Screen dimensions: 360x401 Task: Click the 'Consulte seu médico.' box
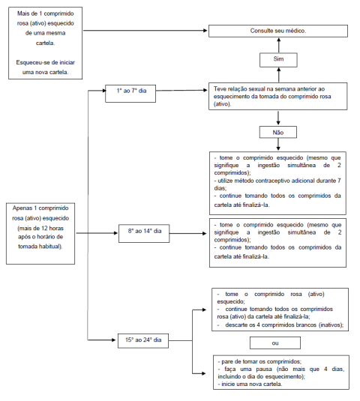coord(278,31)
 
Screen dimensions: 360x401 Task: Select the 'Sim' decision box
coord(278,60)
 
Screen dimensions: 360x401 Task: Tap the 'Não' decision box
coord(278,132)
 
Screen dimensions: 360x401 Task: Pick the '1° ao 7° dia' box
coord(130,94)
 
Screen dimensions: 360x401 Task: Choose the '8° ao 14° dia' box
coord(144,234)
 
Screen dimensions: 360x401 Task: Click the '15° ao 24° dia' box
coord(143,340)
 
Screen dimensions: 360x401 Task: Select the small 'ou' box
coord(275,343)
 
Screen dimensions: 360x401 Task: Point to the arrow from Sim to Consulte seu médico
coord(279,45)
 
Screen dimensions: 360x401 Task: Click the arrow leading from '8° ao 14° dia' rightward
coord(187,234)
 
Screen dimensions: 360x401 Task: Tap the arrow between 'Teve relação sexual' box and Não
coord(278,118)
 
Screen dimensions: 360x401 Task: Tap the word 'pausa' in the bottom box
coord(263,370)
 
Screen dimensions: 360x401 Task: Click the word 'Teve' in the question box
coord(220,89)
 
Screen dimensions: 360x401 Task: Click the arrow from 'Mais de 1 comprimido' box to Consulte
coord(145,31)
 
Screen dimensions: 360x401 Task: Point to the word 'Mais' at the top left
coord(23,13)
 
